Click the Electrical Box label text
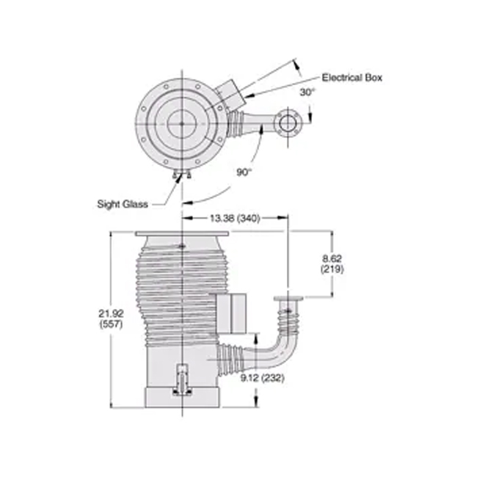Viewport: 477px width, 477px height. tap(352, 78)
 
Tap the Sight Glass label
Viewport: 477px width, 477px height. tap(123, 204)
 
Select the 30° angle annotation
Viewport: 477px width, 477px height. tap(307, 92)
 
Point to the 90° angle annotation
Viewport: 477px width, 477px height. tap(244, 172)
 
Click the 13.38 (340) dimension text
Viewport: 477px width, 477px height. tap(235, 218)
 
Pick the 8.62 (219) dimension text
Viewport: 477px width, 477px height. tap(332, 263)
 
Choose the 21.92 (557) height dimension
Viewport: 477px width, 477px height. tap(111, 318)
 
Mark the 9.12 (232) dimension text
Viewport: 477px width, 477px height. tap(262, 378)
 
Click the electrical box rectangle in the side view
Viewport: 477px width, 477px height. tap(231, 313)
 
